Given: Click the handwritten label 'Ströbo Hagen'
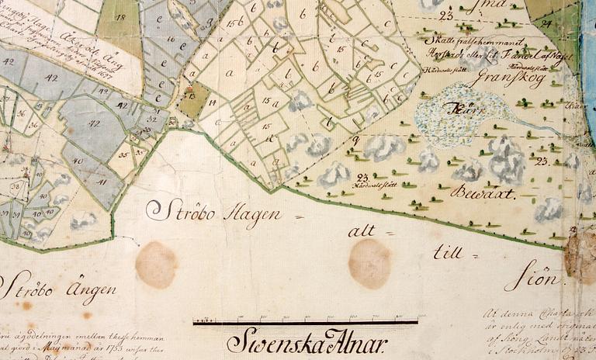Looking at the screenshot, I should pyautogui.click(x=213, y=211).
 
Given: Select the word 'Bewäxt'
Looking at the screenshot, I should pyautogui.click(x=486, y=193).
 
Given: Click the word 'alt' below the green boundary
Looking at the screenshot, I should pyautogui.click(x=362, y=230).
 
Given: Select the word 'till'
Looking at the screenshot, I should pyautogui.click(x=448, y=251).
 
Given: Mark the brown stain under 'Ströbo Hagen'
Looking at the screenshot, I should pyautogui.click(x=156, y=264).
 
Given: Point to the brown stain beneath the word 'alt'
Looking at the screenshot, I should pyautogui.click(x=369, y=263).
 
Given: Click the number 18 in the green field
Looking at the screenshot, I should pyautogui.click(x=121, y=17).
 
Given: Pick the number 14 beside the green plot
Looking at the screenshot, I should pyautogui.click(x=211, y=102).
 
